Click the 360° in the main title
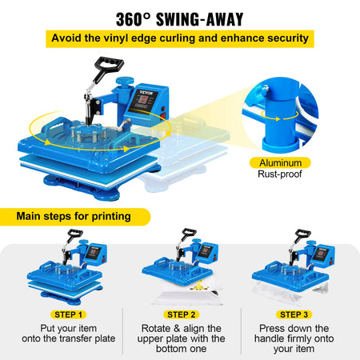[x=133, y=19]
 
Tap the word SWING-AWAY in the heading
[x=200, y=19]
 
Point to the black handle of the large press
[x=109, y=65]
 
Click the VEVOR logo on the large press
[x=146, y=93]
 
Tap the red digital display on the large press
[x=144, y=100]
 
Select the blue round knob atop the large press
[x=125, y=81]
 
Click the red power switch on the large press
[x=163, y=116]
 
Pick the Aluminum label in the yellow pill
[x=280, y=162]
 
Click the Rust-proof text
[x=280, y=174]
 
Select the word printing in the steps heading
[x=111, y=216]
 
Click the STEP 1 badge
[x=68, y=314]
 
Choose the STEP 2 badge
[x=181, y=314]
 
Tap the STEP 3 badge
[x=294, y=314]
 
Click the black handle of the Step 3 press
[x=303, y=234]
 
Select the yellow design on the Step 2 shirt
[x=198, y=287]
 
